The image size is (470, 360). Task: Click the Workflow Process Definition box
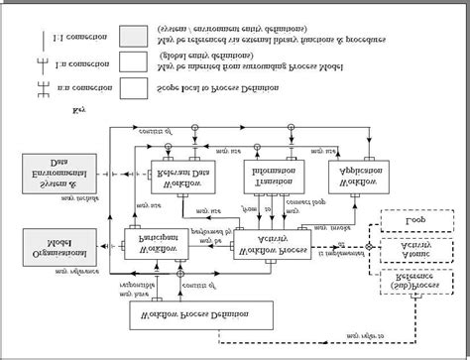[x=202, y=315]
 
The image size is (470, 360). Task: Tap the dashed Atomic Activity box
[x=415, y=250]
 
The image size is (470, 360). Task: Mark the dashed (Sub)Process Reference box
[x=415, y=283]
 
